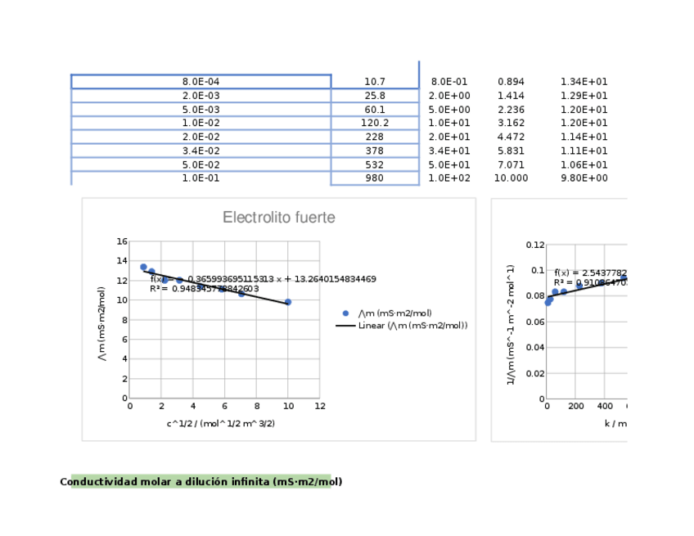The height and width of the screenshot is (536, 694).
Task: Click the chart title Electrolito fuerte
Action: [278, 218]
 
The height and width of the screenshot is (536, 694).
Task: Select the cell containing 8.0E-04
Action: [201, 82]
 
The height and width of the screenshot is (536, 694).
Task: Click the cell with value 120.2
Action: [375, 124]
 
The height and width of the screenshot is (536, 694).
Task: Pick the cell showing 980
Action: [375, 178]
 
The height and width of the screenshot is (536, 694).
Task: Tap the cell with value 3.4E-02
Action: [201, 151]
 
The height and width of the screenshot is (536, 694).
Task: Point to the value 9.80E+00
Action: [584, 178]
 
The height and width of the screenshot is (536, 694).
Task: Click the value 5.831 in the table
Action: [511, 151]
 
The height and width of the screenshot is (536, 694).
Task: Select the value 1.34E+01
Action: [584, 82]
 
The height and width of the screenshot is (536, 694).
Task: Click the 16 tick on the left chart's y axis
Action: [122, 241]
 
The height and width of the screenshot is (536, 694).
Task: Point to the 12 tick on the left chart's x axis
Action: [320, 406]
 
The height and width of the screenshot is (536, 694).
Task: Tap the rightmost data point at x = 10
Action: [288, 302]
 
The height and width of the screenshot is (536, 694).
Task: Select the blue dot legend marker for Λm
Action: [345, 313]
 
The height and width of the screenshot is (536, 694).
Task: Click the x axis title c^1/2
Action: [221, 423]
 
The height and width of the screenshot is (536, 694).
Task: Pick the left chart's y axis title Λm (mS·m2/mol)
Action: [102, 324]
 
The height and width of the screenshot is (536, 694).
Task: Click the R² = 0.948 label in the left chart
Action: [205, 289]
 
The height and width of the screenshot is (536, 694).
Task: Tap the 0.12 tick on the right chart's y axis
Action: [535, 245]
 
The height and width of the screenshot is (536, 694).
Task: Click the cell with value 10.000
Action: [511, 178]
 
